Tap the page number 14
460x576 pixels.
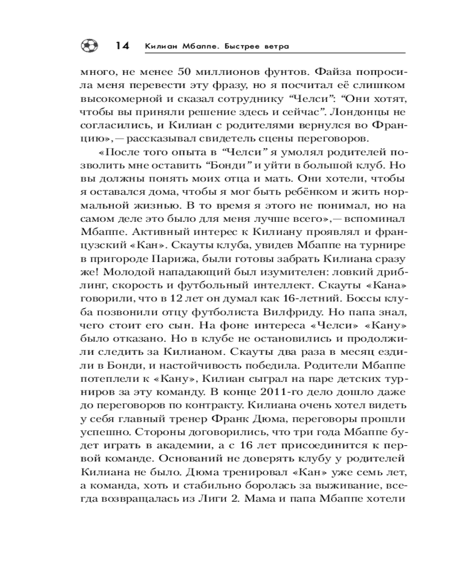pos(121,46)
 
